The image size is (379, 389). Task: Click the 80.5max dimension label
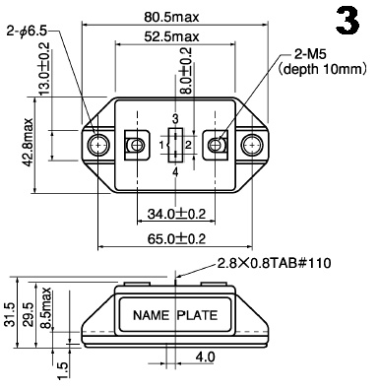(x=171, y=17)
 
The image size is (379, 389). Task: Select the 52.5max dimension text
(x=171, y=36)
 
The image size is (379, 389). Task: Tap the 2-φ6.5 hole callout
(x=27, y=32)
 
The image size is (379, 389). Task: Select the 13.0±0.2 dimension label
(x=44, y=69)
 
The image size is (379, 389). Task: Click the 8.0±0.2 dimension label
(x=185, y=71)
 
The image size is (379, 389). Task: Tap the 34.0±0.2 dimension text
(x=176, y=214)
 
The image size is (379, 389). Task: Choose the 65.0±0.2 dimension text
(x=176, y=239)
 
